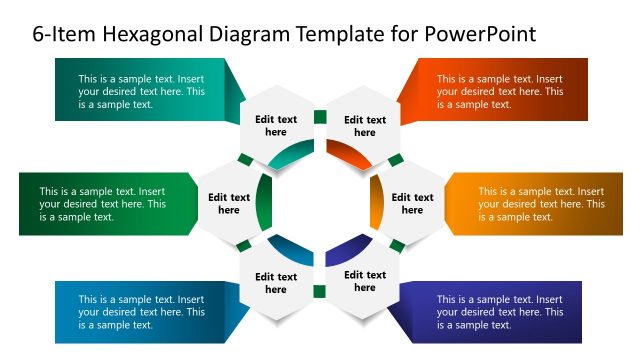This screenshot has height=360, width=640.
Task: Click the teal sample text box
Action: click(x=140, y=91)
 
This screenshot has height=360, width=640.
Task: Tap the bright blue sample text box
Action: click(x=140, y=311)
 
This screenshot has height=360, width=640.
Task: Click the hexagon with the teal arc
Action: click(x=275, y=127)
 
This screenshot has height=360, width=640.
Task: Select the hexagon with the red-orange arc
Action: click(x=364, y=127)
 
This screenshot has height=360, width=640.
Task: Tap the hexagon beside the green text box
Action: click(x=229, y=204)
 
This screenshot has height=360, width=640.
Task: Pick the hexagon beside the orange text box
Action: click(x=411, y=204)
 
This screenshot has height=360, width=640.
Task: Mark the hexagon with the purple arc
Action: click(x=364, y=281)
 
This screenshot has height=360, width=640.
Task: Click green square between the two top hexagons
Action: click(x=320, y=117)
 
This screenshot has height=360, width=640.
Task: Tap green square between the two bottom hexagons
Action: click(x=320, y=292)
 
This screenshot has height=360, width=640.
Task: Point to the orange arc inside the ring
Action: click(x=377, y=204)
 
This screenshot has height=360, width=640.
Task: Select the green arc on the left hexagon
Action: click(x=263, y=204)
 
